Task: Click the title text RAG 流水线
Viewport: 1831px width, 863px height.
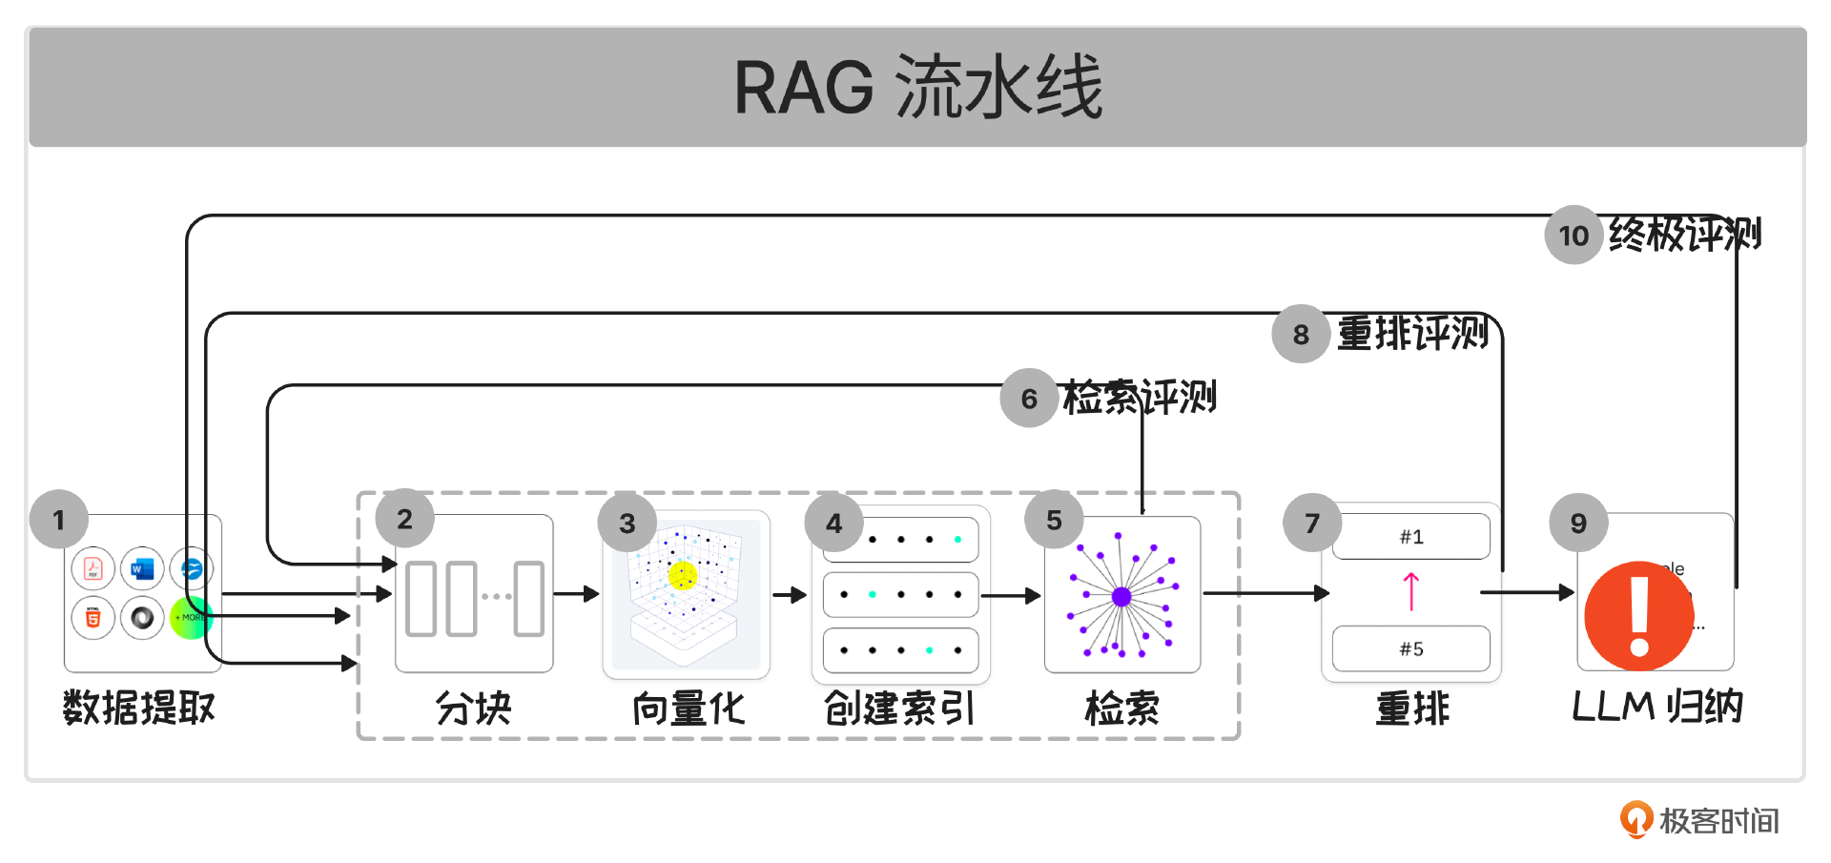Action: click(x=917, y=88)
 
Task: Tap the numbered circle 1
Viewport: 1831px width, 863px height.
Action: click(x=59, y=520)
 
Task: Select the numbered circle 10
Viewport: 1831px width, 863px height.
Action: click(x=1574, y=236)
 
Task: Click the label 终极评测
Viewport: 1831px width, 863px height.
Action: click(x=1684, y=235)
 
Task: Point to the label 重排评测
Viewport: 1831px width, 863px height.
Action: click(x=1412, y=334)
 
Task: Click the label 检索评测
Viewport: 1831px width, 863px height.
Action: click(x=1140, y=398)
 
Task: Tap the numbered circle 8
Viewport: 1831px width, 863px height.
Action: click(x=1301, y=335)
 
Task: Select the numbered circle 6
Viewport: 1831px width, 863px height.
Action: click(x=1029, y=399)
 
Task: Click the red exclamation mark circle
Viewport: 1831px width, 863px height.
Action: click(x=1638, y=616)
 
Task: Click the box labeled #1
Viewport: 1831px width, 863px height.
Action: click(x=1411, y=537)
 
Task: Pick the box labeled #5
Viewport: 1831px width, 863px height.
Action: click(x=1411, y=649)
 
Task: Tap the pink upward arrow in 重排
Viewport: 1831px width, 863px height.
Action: click(x=1411, y=591)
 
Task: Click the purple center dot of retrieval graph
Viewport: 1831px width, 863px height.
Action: click(x=1121, y=597)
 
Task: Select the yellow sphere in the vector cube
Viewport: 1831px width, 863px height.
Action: click(x=683, y=575)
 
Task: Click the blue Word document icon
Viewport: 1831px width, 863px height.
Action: click(x=142, y=569)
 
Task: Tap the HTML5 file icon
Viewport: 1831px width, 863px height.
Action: click(x=93, y=618)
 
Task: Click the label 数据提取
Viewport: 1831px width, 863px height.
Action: click(x=139, y=709)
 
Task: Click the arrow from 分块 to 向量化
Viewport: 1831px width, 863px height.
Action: click(x=576, y=594)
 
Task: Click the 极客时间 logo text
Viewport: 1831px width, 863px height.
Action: click(x=1718, y=821)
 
